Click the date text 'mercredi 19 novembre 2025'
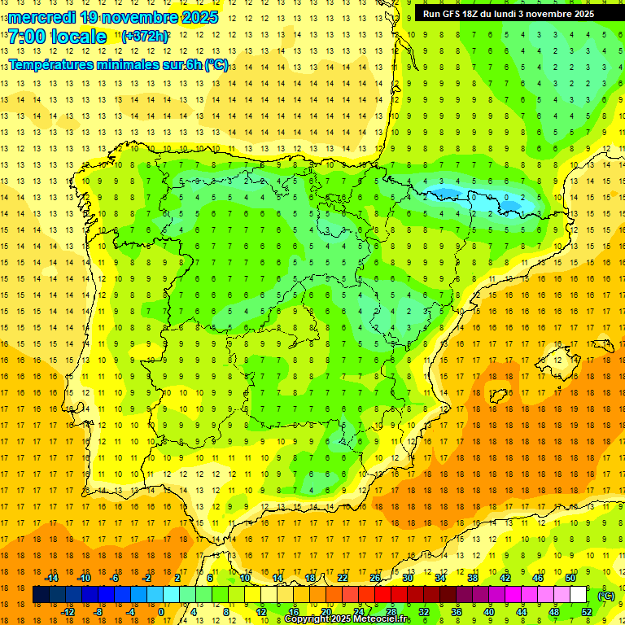coord(113,16)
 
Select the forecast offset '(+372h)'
coord(145,36)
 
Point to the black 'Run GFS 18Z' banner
coord(509,13)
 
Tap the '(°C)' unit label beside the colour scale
coord(605,596)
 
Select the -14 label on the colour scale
coord(51,578)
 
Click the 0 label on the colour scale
coord(160,612)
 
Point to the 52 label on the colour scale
coord(587,612)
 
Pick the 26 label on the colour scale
coord(375,578)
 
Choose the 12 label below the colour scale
coord(261,612)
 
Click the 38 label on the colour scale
coord(473,578)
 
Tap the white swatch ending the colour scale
coord(578,595)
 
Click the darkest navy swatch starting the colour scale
coord(41,595)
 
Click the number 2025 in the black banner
coord(580,13)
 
